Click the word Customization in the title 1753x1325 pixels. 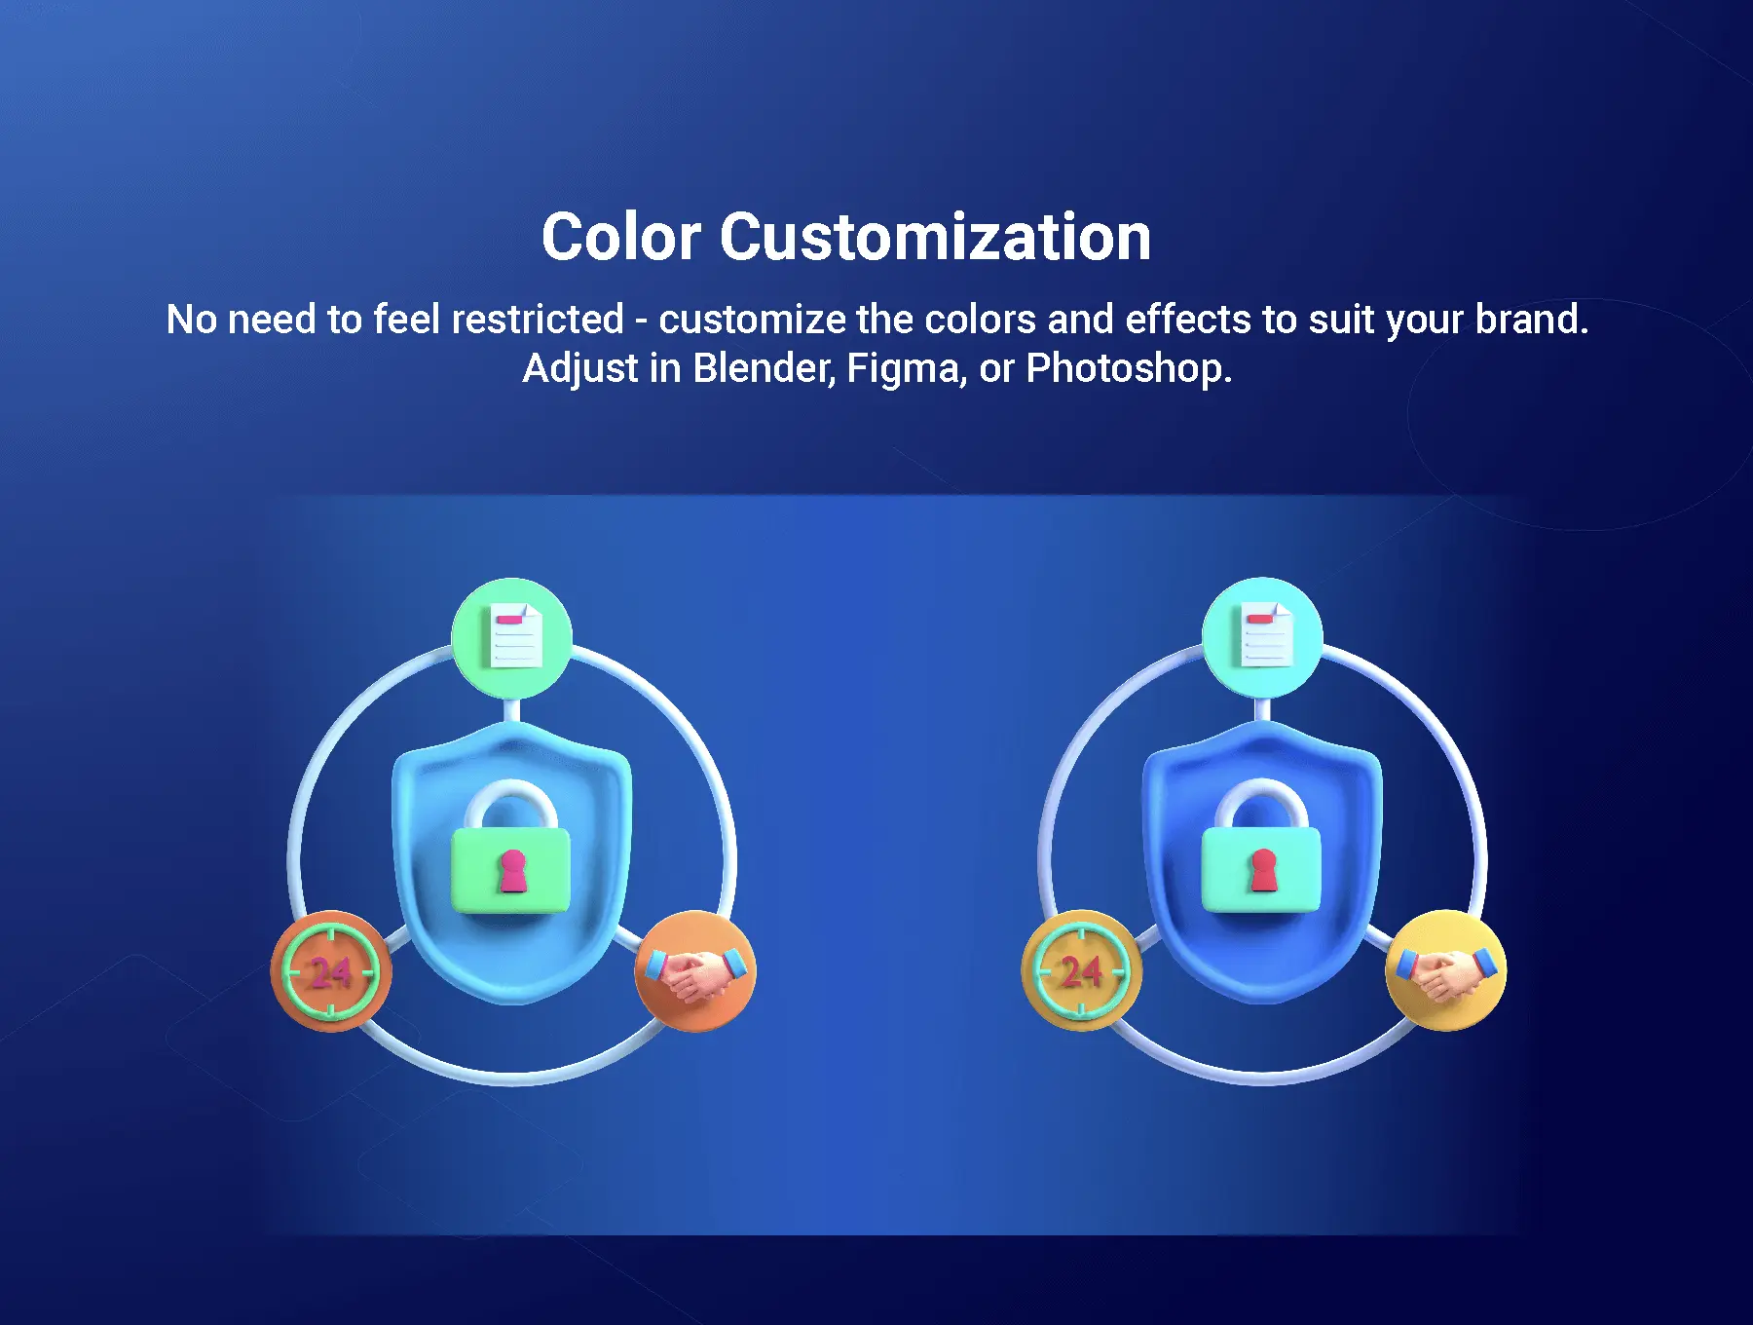(936, 237)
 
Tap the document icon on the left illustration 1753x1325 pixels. (516, 635)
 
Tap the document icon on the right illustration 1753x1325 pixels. (1266, 635)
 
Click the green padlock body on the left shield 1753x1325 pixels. (511, 870)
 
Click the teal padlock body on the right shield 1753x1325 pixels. (1261, 870)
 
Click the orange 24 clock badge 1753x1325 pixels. (331, 971)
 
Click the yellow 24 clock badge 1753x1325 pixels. (1081, 971)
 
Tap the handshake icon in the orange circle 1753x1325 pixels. (695, 972)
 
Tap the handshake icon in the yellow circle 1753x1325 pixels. (1445, 972)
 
